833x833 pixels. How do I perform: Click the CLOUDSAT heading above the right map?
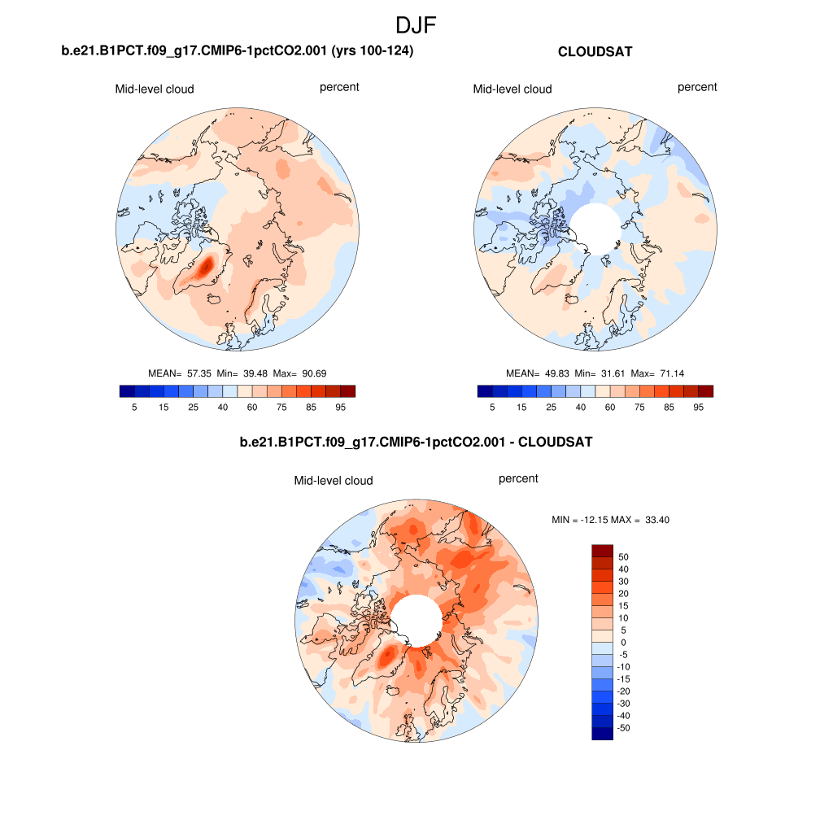click(595, 52)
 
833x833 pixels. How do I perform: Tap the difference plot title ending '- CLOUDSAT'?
click(416, 443)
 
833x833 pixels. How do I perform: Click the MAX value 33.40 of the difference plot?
click(656, 519)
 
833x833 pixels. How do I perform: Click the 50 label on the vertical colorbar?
click(624, 557)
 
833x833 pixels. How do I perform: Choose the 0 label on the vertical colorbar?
click(624, 643)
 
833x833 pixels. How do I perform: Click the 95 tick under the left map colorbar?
click(341, 407)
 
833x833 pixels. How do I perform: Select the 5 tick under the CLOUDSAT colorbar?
click(492, 407)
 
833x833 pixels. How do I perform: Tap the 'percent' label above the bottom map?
click(518, 478)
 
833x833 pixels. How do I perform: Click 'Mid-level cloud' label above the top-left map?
click(155, 89)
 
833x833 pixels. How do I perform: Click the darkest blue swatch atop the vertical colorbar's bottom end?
click(601, 734)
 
